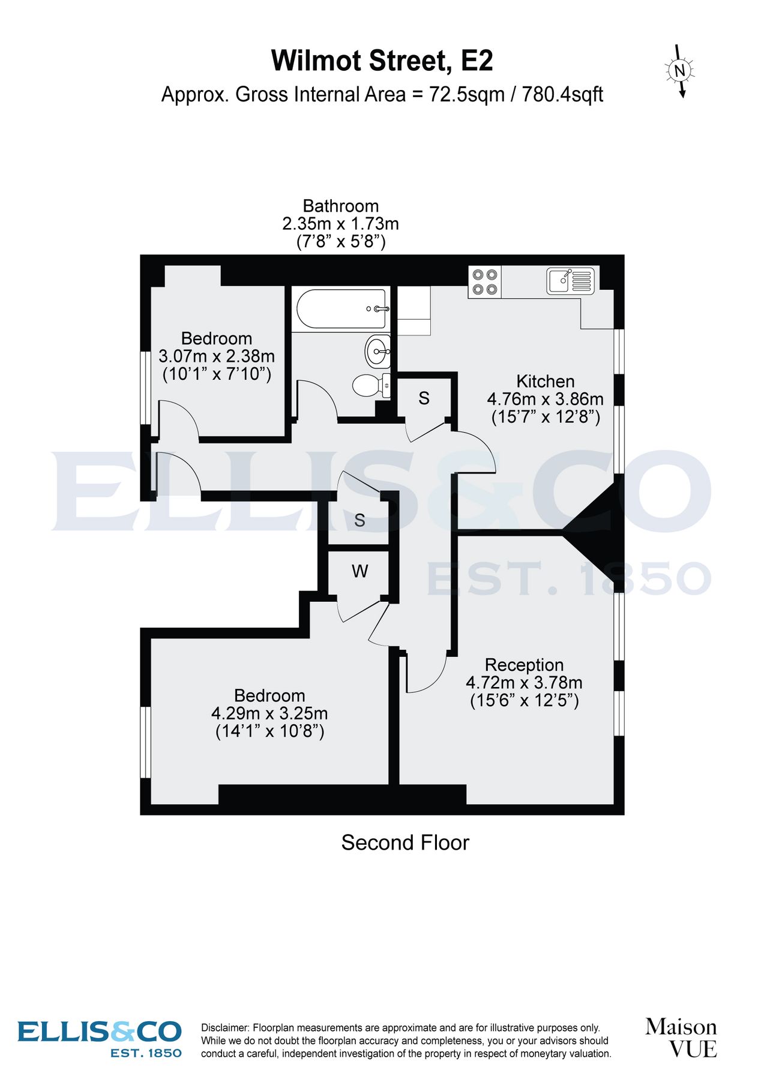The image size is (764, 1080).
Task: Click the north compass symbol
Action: pyautogui.click(x=679, y=71)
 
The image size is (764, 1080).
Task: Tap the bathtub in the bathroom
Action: pyautogui.click(x=341, y=309)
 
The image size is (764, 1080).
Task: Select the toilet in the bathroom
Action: pyautogui.click(x=369, y=385)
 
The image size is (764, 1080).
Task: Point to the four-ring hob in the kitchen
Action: pyautogui.click(x=484, y=282)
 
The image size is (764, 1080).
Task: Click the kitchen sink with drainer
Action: pyautogui.click(x=570, y=281)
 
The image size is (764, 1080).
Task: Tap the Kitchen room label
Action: pyautogui.click(x=545, y=382)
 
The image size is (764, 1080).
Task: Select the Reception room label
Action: pyautogui.click(x=524, y=665)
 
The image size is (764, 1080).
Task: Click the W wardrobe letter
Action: pyautogui.click(x=359, y=571)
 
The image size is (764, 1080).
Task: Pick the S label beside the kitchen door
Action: pyautogui.click(x=424, y=398)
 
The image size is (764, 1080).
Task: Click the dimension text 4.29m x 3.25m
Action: pyautogui.click(x=269, y=713)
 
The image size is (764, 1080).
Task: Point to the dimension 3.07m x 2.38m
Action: pyautogui.click(x=217, y=356)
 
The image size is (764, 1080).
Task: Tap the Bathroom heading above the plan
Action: pyautogui.click(x=340, y=206)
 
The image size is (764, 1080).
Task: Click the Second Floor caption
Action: pyautogui.click(x=405, y=842)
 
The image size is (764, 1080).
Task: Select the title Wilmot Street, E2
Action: pyautogui.click(x=382, y=61)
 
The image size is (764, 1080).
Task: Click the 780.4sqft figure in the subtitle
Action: pyautogui.click(x=562, y=95)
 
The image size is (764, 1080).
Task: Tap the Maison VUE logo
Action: pyautogui.click(x=681, y=1037)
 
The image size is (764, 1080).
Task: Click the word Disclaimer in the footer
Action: pyautogui.click(x=224, y=1028)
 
